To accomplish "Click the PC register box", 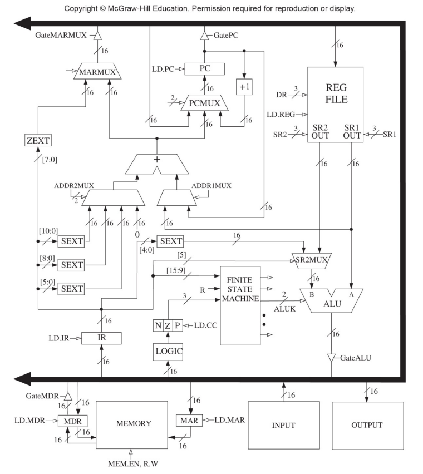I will point(204,69).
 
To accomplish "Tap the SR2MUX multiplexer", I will point(311,260).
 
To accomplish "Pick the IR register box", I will point(101,338).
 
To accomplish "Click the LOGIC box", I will point(168,351).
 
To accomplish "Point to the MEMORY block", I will point(133,423).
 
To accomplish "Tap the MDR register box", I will point(72,421).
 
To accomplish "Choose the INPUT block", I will point(284,425).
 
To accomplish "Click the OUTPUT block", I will point(367,425).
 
